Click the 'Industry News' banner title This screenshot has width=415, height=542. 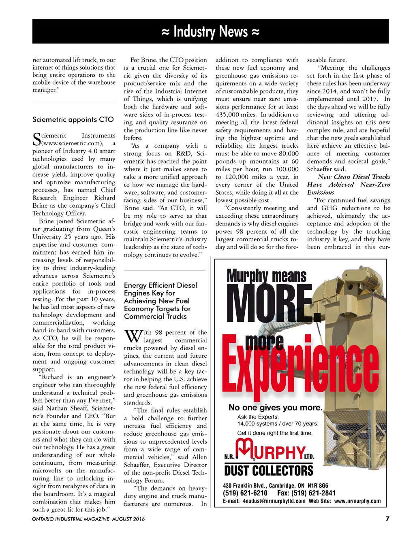[210, 31]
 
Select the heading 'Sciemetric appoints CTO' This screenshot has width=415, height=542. [73, 119]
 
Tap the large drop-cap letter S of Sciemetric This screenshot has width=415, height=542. [36, 139]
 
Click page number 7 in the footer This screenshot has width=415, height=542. [387, 519]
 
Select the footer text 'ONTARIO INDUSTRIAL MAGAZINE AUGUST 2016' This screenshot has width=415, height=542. [88, 519]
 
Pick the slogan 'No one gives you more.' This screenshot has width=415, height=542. [275, 408]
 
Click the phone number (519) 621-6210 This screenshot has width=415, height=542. [245, 493]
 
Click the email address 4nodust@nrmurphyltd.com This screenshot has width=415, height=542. [274, 501]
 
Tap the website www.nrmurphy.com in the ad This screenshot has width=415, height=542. [357, 501]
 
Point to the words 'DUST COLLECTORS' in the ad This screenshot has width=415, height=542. [269, 471]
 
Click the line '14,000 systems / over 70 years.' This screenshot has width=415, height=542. [278, 424]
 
